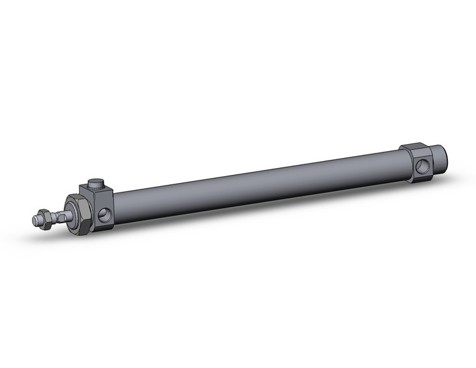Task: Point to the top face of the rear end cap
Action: click(x=416, y=148)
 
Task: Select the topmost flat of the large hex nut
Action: click(x=76, y=198)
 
